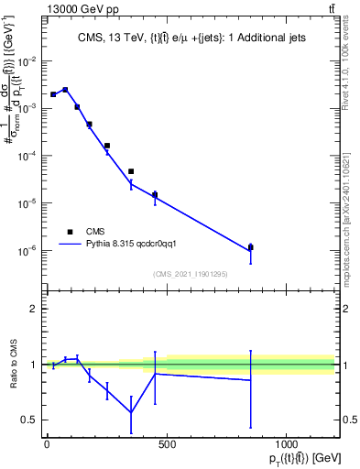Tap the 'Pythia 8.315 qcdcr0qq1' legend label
(x=138, y=245)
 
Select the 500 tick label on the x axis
(x=166, y=444)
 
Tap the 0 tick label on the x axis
(x=46, y=444)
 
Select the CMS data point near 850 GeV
(x=250, y=247)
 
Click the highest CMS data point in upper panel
(x=65, y=90)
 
